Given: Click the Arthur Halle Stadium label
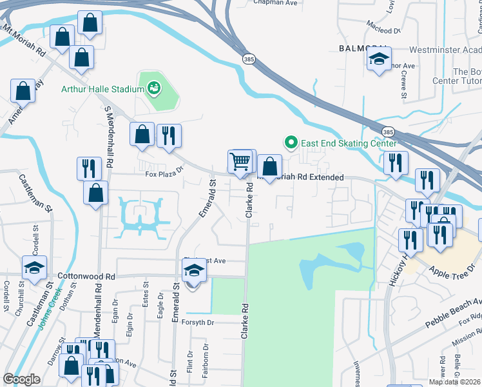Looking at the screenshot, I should click(x=102, y=89).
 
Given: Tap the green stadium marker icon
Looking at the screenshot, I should click(x=154, y=87).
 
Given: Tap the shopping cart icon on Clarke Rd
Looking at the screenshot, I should click(x=240, y=161).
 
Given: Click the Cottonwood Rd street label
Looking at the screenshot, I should click(x=86, y=275).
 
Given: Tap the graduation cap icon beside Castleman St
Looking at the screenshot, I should click(x=35, y=268).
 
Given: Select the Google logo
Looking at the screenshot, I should click(x=21, y=379).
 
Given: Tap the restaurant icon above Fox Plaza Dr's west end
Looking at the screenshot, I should click(x=88, y=168).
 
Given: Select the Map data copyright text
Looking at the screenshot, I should click(x=454, y=382).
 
